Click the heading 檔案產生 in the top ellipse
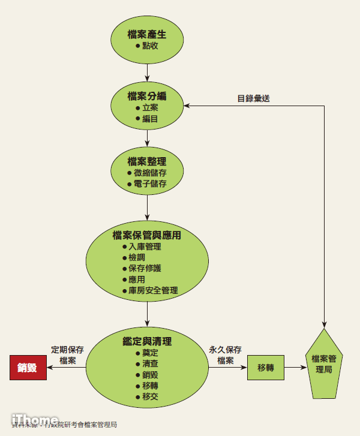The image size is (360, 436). pos(146,34)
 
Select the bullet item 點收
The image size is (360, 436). pos(150,46)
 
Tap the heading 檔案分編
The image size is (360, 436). pos(146,96)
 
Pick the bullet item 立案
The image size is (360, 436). pos(150,108)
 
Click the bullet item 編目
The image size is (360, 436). pos(150,119)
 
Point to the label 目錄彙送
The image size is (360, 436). pos(253,98)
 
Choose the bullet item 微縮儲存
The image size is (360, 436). pos(150,173)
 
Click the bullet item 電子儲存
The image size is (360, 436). pos(150,184)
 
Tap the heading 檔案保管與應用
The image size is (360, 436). pos(146,235)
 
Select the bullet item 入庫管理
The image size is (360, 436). pos(145,246)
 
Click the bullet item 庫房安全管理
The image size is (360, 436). pos(153,290)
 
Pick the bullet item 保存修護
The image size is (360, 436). pos(145,268)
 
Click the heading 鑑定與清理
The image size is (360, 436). pos(146,341)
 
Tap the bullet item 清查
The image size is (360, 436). pos(150,364)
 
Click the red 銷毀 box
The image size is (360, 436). pos(28,368)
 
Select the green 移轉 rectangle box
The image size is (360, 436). pos(265,368)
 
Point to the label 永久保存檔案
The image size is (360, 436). pos(225,355)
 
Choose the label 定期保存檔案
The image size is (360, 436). pos(67,355)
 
